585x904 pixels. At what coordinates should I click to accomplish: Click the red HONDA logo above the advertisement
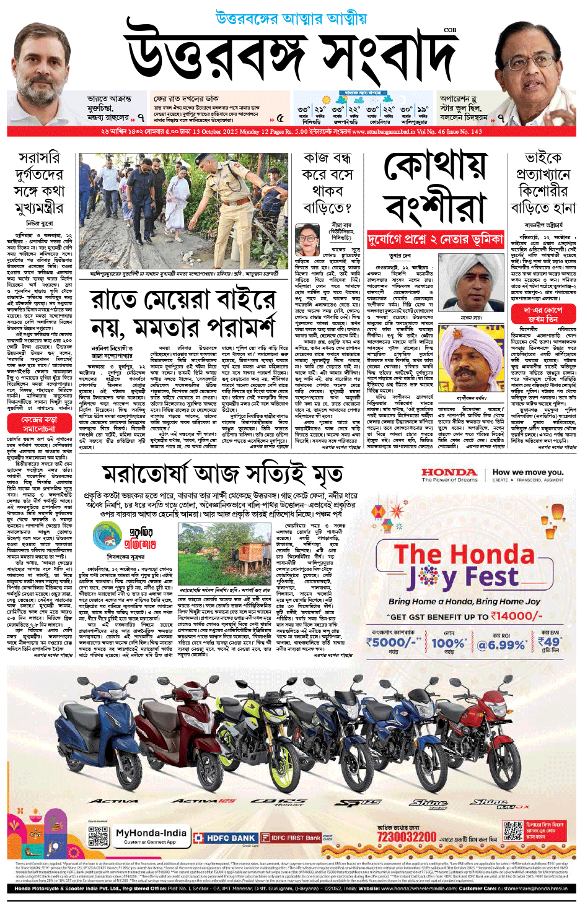tap(449, 472)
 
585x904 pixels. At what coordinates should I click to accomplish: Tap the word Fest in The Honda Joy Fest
tap(492, 577)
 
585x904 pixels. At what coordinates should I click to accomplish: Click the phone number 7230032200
tap(407, 837)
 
